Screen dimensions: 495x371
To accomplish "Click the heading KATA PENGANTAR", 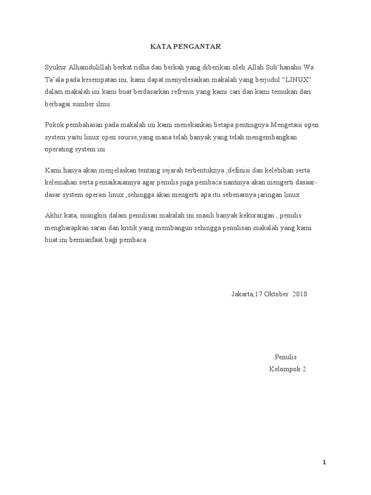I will [x=185, y=46].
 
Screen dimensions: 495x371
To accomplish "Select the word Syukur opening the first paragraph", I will [x=54, y=67].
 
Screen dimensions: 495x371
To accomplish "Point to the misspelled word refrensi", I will [x=181, y=91].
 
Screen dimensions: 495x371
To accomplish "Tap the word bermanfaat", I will [x=91, y=240].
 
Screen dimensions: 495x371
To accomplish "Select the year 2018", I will [x=300, y=294].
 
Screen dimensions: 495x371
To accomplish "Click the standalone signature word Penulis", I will [x=285, y=357].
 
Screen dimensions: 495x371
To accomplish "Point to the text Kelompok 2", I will [x=287, y=370].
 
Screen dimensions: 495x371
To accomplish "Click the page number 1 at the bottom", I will [x=325, y=463].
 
